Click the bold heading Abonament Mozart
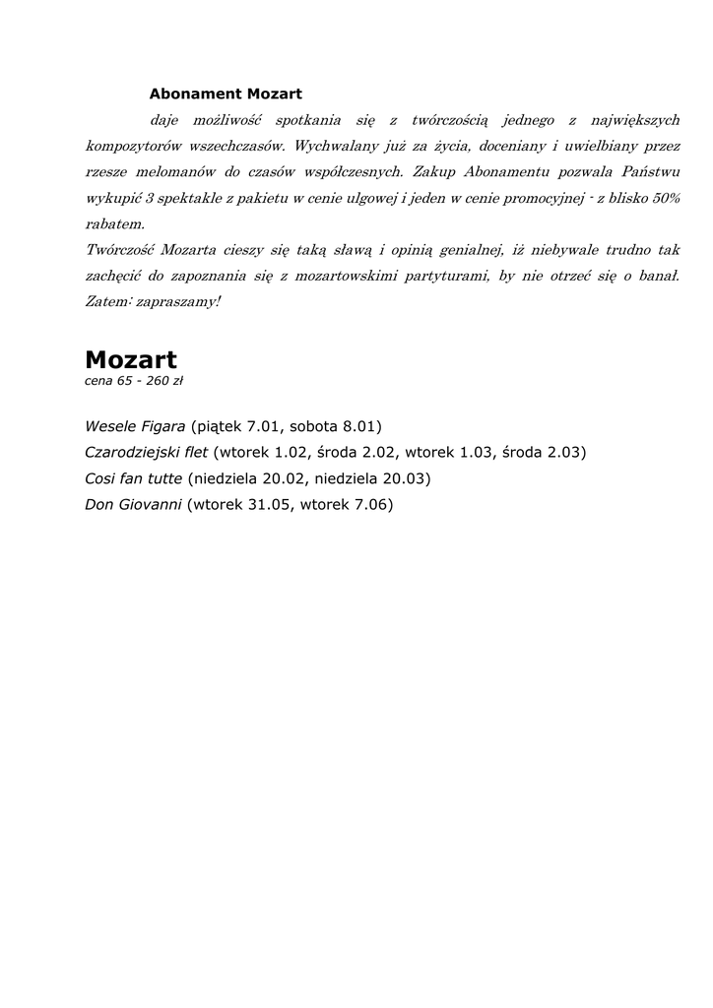[x=226, y=94]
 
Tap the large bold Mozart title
[x=131, y=359]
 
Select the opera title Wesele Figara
[x=135, y=426]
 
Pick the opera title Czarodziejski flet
[x=147, y=453]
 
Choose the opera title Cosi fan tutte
[x=133, y=479]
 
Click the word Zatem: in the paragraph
[x=106, y=301]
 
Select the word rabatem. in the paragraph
[x=114, y=223]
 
